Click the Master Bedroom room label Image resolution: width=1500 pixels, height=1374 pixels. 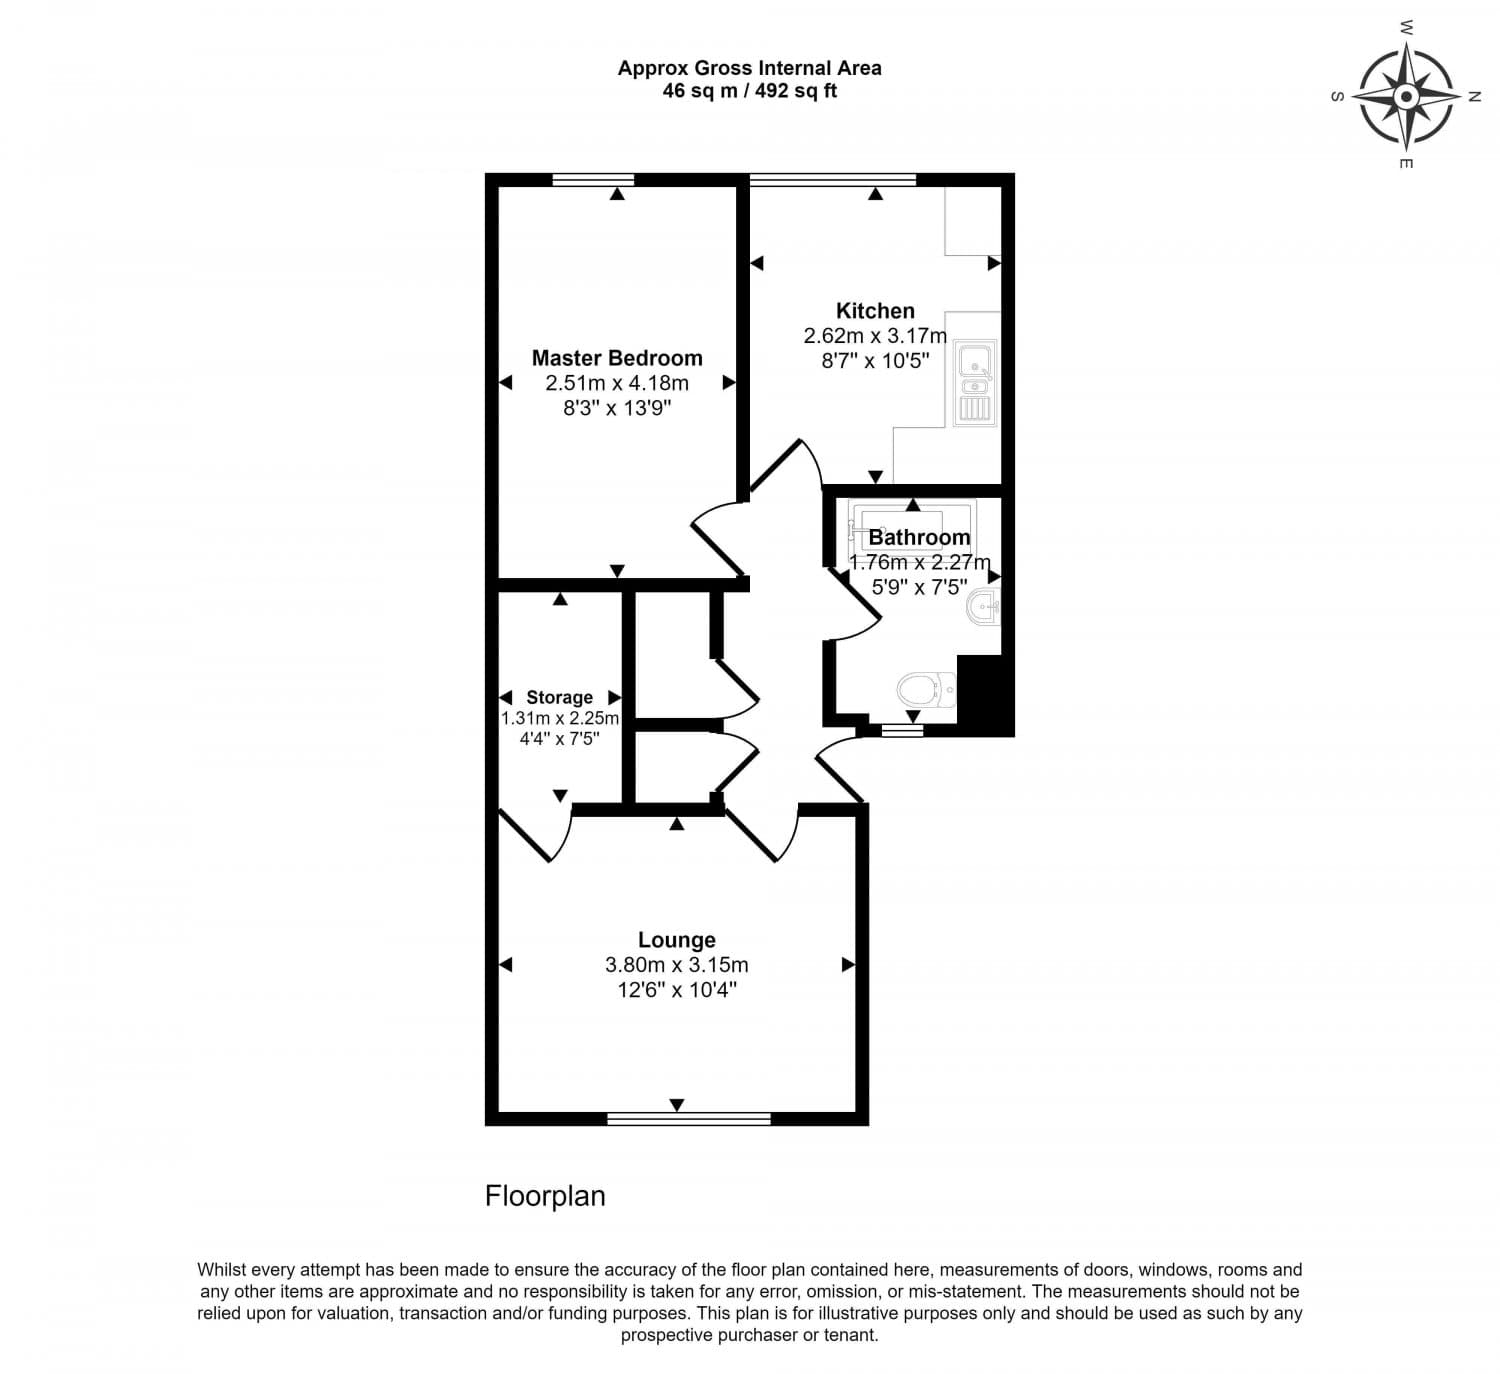pyautogui.click(x=617, y=358)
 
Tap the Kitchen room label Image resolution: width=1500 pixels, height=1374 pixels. pyautogui.click(x=875, y=311)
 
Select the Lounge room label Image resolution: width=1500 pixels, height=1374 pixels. pyautogui.click(x=677, y=940)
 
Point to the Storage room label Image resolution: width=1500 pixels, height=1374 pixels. pyautogui.click(x=559, y=697)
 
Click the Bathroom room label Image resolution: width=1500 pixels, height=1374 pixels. pyautogui.click(x=919, y=538)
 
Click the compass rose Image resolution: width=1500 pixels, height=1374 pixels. pyautogui.click(x=1406, y=97)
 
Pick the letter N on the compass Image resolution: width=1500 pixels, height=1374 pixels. pyautogui.click(x=1473, y=97)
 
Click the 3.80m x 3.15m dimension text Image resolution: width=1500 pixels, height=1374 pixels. pyautogui.click(x=677, y=965)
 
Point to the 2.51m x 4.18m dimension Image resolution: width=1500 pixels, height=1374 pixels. pyautogui.click(x=617, y=383)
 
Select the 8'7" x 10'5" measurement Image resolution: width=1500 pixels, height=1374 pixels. pyautogui.click(x=875, y=361)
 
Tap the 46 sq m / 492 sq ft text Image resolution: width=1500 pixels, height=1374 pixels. pyautogui.click(x=749, y=91)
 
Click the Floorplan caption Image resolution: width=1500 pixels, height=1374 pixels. pyautogui.click(x=545, y=1196)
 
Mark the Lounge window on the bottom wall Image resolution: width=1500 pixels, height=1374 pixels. pyautogui.click(x=689, y=1118)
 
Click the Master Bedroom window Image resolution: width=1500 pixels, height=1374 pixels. pyautogui.click(x=593, y=180)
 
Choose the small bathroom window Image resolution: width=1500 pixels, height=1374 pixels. pyautogui.click(x=903, y=731)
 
